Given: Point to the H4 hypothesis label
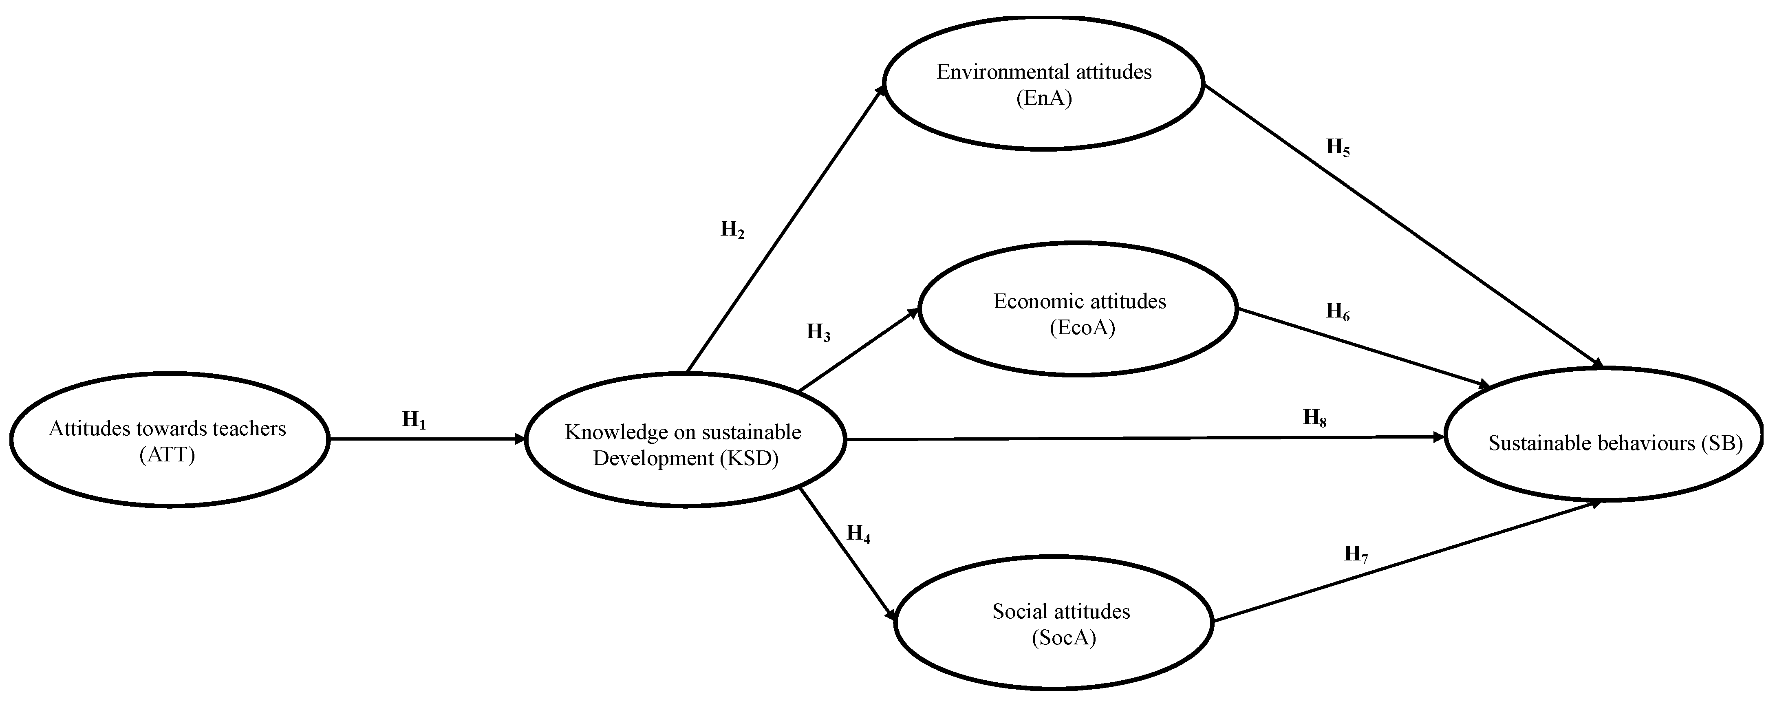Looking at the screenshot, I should (x=858, y=534).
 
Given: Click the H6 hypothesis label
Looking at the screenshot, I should (x=1337, y=312).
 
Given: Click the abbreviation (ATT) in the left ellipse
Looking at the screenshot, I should (x=168, y=455).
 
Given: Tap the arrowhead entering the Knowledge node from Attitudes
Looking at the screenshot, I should (x=520, y=439).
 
